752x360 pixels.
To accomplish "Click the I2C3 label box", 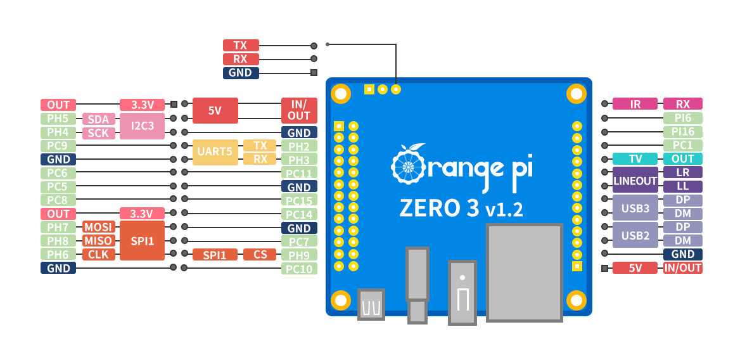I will coord(142,126).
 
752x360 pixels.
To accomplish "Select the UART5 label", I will coord(215,152).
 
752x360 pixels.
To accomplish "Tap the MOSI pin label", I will coord(98,227).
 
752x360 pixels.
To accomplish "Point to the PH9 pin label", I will coord(298,255).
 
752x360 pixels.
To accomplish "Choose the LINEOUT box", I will coord(635,181).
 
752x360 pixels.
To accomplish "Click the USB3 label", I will coord(635,208).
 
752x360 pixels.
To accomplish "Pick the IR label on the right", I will coord(635,104).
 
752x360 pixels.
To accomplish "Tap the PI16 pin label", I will coord(682,132).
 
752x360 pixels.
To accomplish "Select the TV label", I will coord(635,159).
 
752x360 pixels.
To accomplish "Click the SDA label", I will coord(98,119).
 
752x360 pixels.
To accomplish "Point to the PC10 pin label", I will coord(298,269).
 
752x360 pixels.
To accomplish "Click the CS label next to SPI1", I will coord(260,255).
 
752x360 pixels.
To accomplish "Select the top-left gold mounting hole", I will coord(341,94).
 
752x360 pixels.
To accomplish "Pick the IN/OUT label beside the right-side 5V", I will coord(682,268).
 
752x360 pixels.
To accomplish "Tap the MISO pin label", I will coord(98,241).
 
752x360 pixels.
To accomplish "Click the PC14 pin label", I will coord(298,214).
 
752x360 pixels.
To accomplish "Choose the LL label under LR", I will coord(682,187).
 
